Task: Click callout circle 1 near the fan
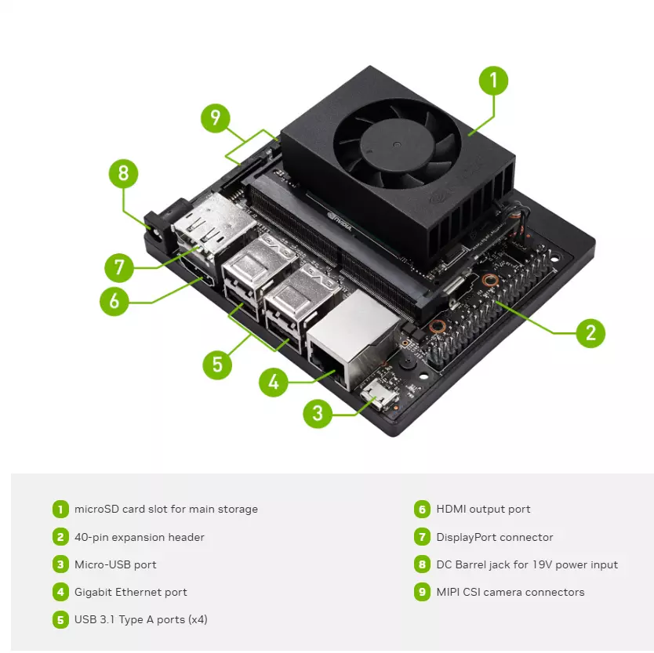pos(493,81)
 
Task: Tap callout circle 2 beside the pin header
pos(590,333)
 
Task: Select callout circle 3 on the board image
pos(318,413)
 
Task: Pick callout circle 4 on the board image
pos(273,382)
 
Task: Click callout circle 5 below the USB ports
pos(217,365)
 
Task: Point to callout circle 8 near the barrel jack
pos(123,173)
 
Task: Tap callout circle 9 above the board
pos(216,118)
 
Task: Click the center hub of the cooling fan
pos(396,145)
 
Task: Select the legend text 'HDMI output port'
pos(483,509)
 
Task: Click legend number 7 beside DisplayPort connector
pos(423,537)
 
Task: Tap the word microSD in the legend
pos(96,509)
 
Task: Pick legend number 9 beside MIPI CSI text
pos(423,592)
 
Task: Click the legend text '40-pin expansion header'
pos(139,537)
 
